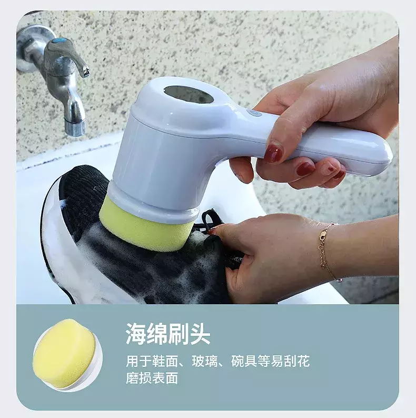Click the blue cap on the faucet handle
coord(58,42)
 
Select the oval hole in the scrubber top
coord(189,95)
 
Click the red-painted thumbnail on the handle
coord(273,154)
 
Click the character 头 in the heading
coord(200,334)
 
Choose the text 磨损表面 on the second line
coord(152,378)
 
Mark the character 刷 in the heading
coord(179,334)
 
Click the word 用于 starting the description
coord(139,362)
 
